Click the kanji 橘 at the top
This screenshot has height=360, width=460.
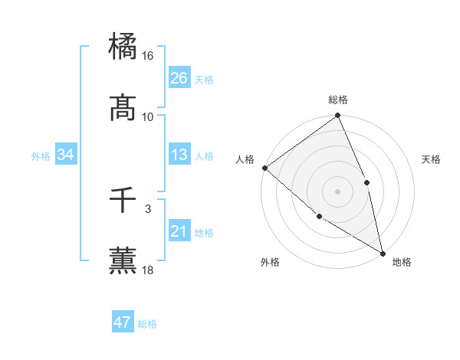(x=123, y=44)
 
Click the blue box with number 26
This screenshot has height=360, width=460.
(x=179, y=78)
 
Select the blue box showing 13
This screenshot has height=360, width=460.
(x=179, y=155)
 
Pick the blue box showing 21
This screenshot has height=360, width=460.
(x=179, y=231)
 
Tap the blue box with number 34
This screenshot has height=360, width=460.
(x=66, y=155)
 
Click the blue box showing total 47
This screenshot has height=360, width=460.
(x=123, y=322)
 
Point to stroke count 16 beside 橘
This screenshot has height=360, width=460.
(x=148, y=56)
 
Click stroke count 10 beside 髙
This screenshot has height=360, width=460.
(x=148, y=117)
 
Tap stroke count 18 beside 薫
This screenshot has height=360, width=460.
(x=148, y=270)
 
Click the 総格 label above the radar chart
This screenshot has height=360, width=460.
(x=337, y=100)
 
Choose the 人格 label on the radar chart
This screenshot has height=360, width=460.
(x=245, y=159)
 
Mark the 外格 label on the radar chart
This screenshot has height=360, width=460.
(x=270, y=262)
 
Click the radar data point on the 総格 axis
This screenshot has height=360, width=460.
(x=337, y=116)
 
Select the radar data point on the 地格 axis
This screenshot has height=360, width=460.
(x=382, y=252)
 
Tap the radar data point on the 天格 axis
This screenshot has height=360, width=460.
(x=366, y=182)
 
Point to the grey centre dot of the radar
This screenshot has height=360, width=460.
(x=337, y=191)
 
